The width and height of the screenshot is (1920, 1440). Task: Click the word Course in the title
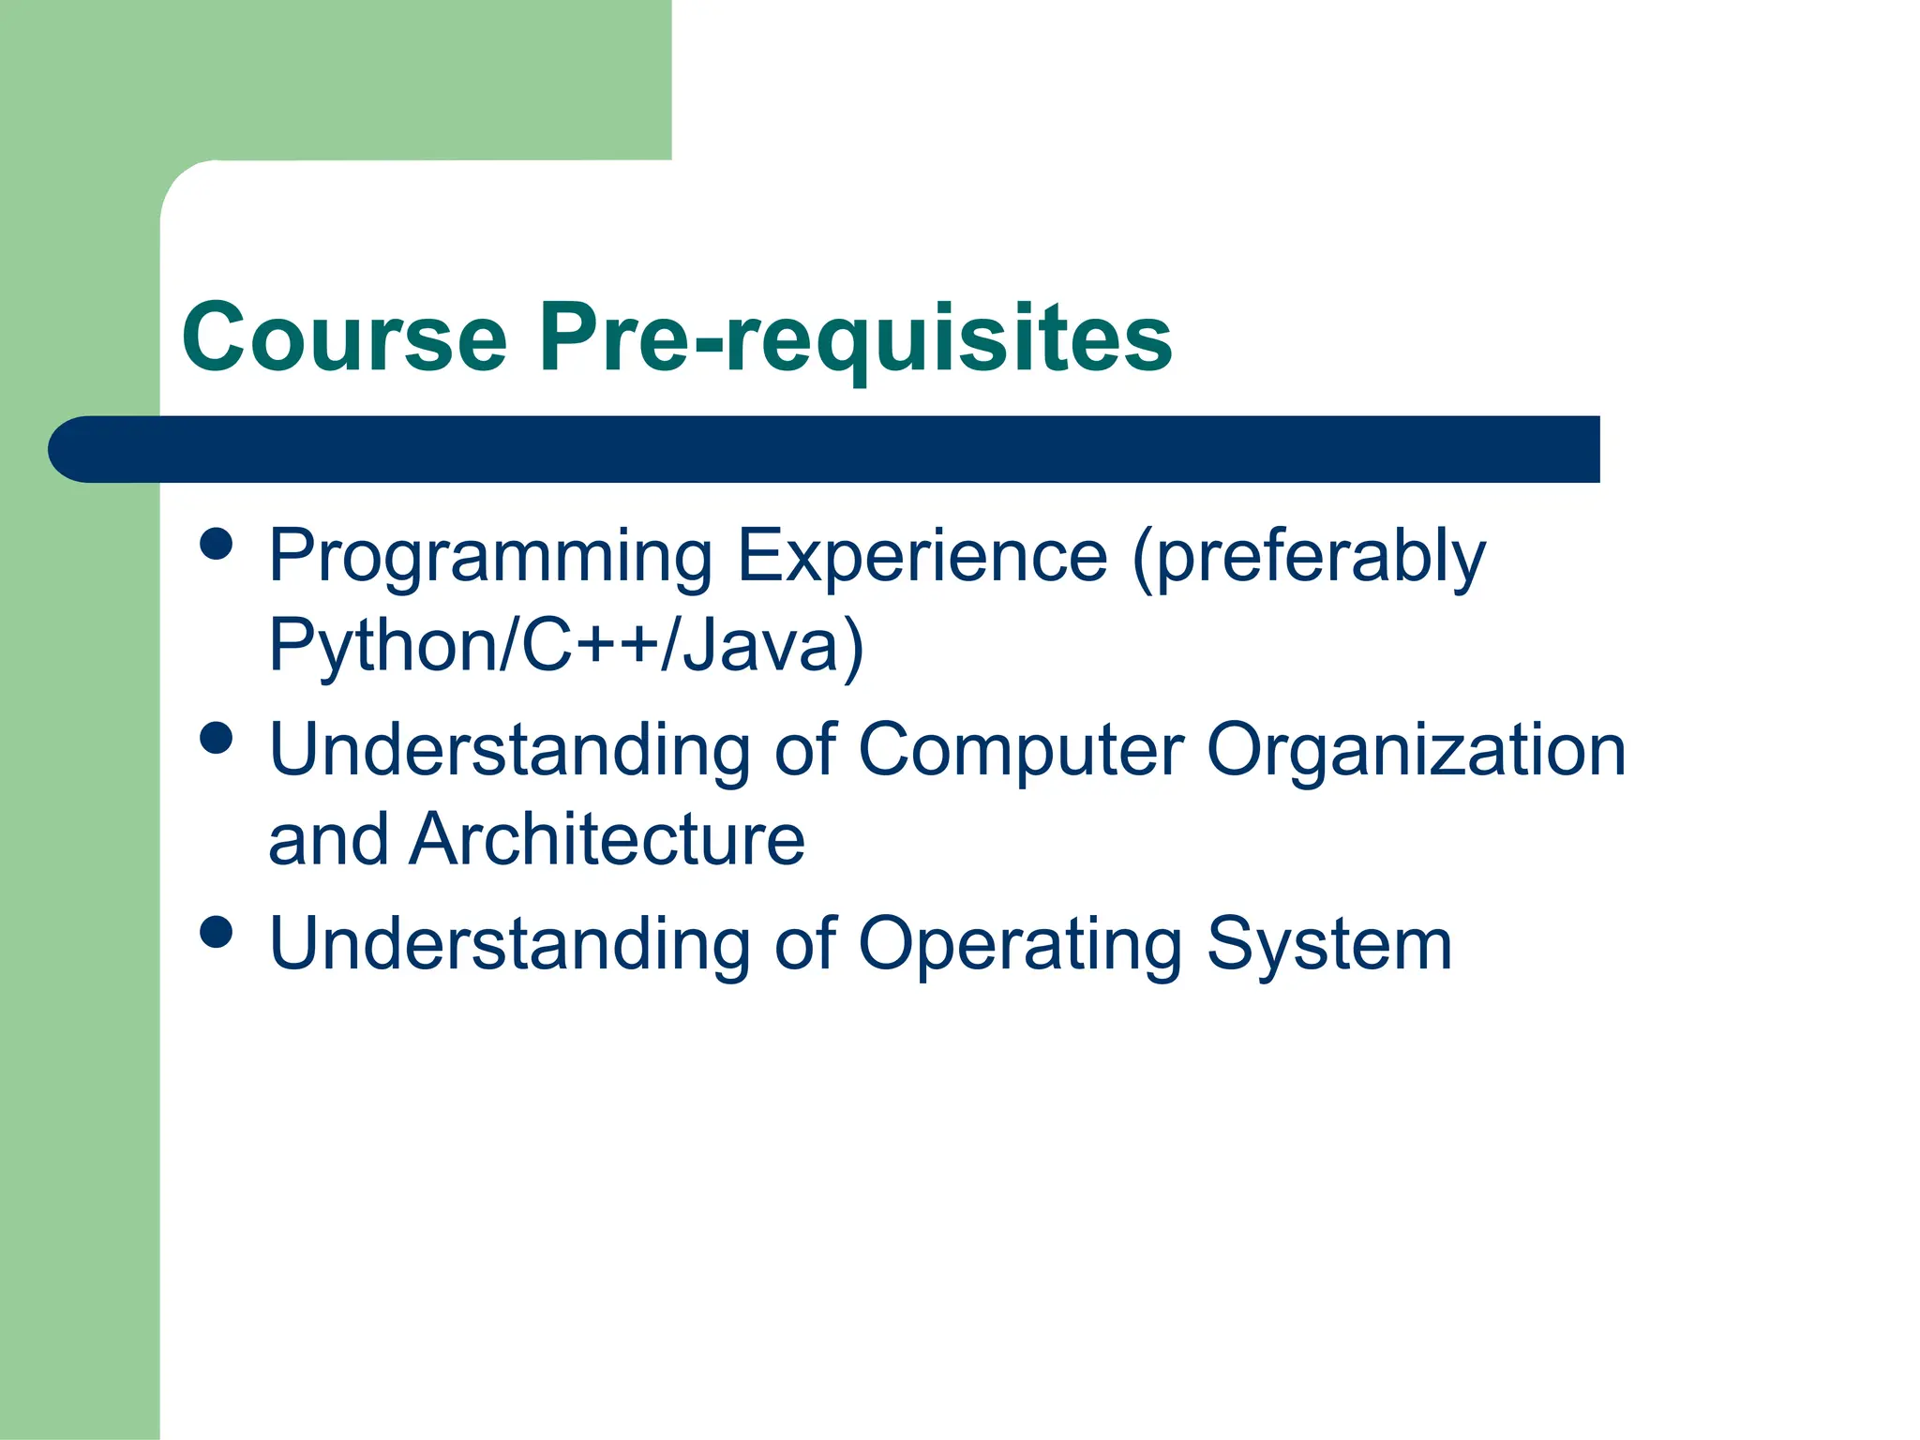[344, 337]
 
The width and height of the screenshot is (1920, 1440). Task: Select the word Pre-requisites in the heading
[855, 337]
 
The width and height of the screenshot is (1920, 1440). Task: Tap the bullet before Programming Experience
[217, 544]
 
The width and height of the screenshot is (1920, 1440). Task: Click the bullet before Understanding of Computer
[217, 738]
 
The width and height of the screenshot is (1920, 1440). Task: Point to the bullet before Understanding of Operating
[217, 932]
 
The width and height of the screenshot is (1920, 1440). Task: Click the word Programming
[490, 558]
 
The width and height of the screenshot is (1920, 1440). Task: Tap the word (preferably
[1309, 558]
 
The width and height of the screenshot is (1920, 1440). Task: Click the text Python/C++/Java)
[566, 647]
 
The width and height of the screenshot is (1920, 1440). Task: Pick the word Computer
[1022, 752]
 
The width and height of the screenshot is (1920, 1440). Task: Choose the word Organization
[1416, 752]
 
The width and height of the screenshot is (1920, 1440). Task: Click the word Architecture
[607, 839]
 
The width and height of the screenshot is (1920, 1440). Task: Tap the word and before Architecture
[328, 839]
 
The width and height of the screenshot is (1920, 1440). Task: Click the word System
[1329, 946]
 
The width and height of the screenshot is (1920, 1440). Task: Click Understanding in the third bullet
[510, 944]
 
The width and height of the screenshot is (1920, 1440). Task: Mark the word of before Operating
[805, 944]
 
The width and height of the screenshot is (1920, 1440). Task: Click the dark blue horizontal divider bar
[825, 450]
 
